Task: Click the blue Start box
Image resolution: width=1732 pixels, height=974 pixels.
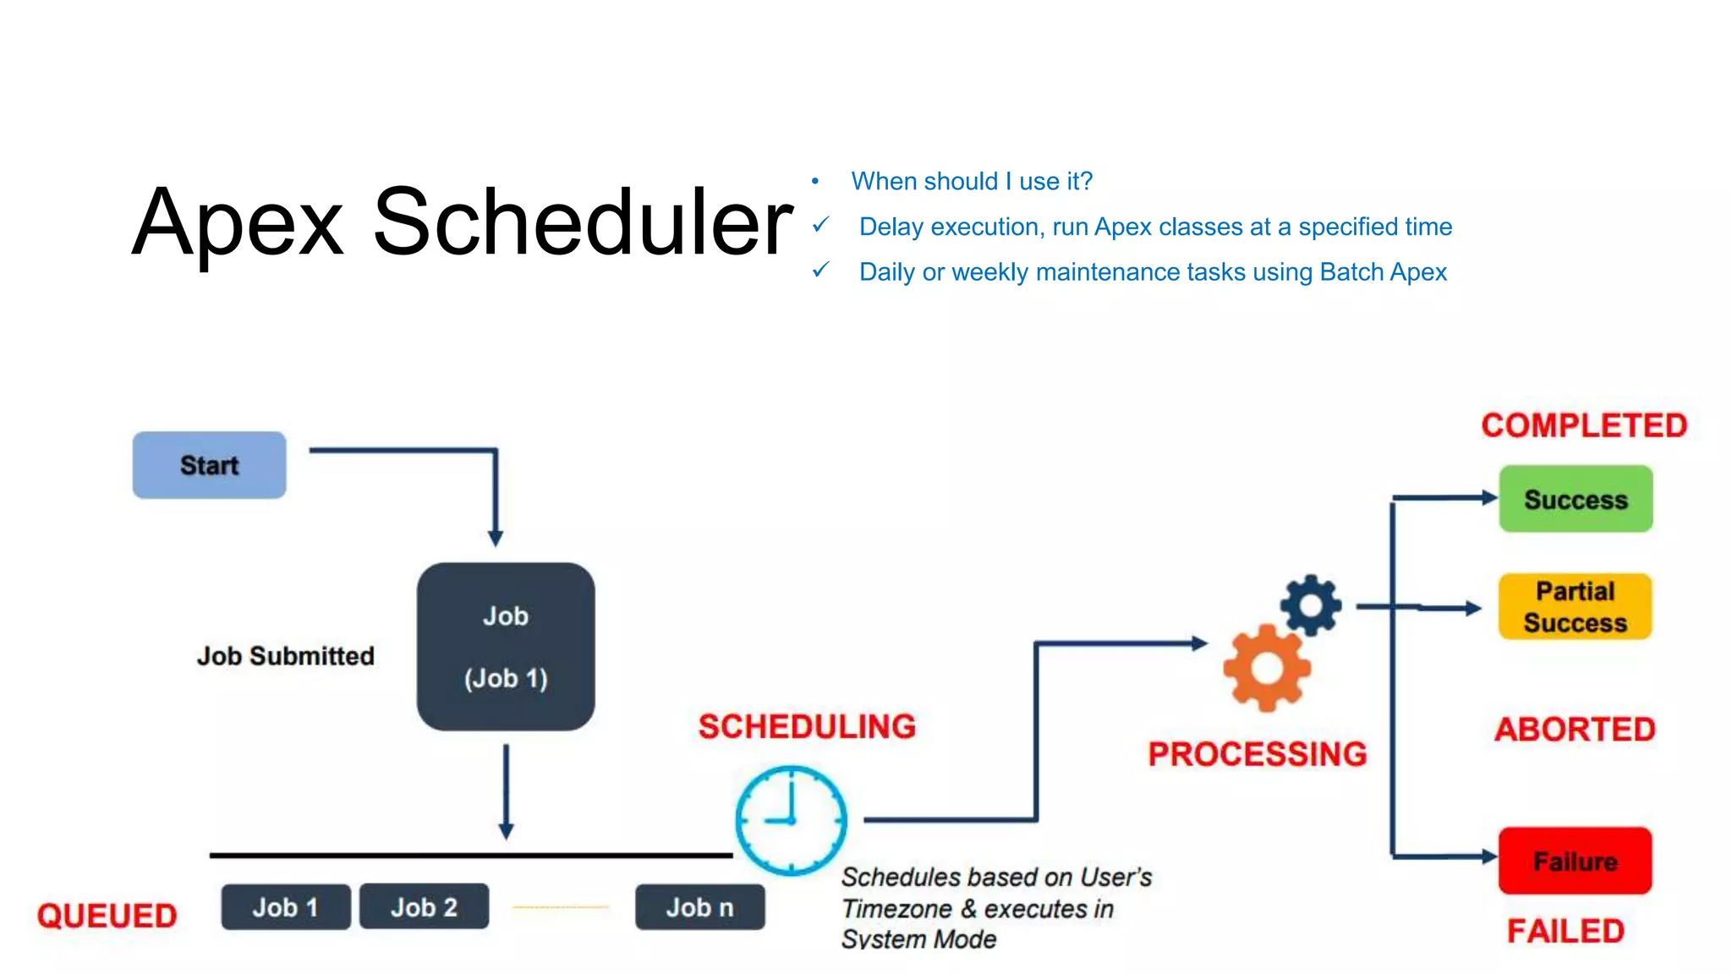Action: (x=209, y=465)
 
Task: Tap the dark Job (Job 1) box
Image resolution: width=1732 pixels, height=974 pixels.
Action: (x=506, y=647)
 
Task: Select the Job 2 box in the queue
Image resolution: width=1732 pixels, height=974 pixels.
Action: (x=424, y=907)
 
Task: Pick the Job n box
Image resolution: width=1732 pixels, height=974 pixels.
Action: (x=699, y=907)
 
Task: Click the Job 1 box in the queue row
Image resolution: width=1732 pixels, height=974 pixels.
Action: (x=286, y=907)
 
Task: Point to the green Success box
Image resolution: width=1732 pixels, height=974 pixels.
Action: (x=1576, y=499)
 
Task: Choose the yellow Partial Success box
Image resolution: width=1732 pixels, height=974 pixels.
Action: (x=1575, y=607)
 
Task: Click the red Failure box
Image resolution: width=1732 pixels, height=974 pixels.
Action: (x=1575, y=861)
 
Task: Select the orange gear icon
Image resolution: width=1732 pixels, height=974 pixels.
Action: (x=1267, y=669)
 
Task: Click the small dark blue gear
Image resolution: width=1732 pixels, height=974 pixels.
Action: (x=1311, y=605)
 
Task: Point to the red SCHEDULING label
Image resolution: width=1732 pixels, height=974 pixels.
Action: (x=807, y=727)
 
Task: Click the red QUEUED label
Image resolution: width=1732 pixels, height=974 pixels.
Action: (x=107, y=916)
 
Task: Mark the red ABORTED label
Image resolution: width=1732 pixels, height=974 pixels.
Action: (x=1575, y=730)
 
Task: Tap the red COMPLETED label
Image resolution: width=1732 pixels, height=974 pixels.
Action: (x=1584, y=425)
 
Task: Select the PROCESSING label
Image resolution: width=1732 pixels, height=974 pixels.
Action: (x=1258, y=754)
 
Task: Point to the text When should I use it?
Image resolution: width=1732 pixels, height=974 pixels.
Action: (x=972, y=181)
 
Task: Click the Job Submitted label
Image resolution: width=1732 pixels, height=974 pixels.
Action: (x=286, y=656)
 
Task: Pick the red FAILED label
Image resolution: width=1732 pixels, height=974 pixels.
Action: (x=1565, y=931)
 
